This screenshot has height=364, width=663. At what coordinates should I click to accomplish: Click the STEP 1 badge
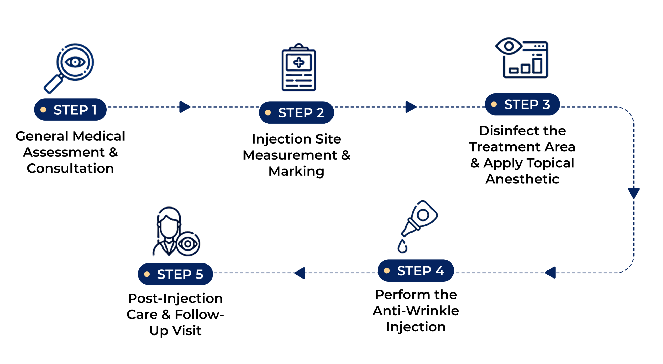(70, 110)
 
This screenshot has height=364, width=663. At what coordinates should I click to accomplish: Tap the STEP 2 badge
(296, 112)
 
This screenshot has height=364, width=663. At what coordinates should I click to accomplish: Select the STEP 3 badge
(522, 104)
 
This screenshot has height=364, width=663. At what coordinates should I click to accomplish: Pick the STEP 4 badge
(415, 270)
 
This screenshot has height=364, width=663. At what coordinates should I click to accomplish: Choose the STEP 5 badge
(175, 274)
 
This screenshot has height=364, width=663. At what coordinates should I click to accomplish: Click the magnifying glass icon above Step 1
(69, 68)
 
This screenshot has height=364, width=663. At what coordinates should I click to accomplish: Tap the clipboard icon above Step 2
(299, 67)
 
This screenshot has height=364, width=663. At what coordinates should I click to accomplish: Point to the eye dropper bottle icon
(417, 226)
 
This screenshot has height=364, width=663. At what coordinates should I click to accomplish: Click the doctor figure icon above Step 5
(176, 231)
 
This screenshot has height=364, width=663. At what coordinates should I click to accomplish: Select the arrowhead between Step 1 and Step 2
(185, 107)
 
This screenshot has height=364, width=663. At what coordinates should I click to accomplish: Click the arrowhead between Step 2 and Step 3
(411, 107)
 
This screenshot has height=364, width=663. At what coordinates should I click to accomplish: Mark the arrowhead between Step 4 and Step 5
(300, 273)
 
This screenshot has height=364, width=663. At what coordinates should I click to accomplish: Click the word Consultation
(70, 168)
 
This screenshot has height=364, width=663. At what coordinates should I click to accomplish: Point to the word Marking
(296, 172)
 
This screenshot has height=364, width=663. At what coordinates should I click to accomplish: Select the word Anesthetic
(522, 179)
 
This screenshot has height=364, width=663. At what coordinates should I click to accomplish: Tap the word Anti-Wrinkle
(416, 310)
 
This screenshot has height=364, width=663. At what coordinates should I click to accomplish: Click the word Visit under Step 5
(187, 330)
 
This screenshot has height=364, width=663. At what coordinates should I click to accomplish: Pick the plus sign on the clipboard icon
(299, 62)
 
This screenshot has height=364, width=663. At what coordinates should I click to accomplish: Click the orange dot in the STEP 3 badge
(494, 104)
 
